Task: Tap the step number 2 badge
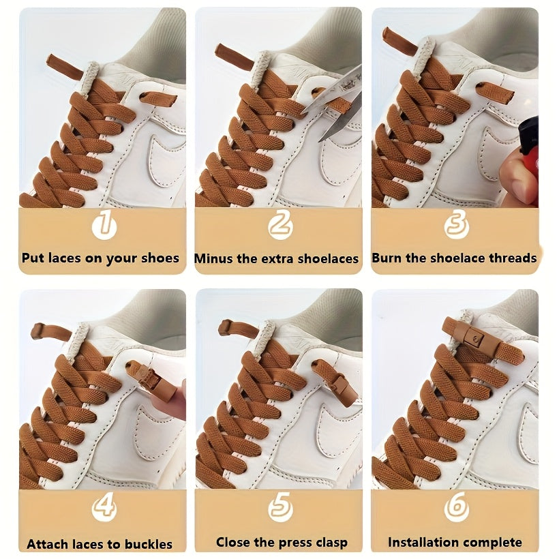[x=280, y=225]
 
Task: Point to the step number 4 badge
[x=103, y=507]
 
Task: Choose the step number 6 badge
[x=456, y=507]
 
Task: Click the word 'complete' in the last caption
[x=495, y=543]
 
